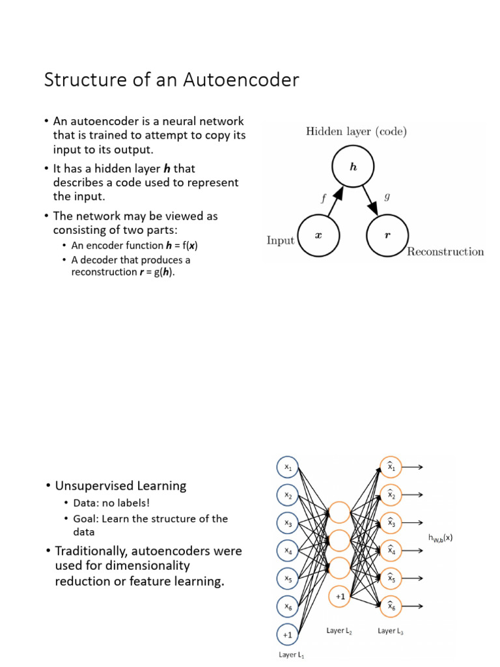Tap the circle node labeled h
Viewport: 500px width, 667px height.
[x=353, y=167]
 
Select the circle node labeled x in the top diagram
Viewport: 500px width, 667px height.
[x=318, y=236]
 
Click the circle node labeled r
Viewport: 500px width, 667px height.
[x=388, y=236]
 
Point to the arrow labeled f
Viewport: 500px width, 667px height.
[x=333, y=203]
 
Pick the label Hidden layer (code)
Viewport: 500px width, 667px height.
[x=356, y=132]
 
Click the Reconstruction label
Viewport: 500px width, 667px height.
[x=445, y=252]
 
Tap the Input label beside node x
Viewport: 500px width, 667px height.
[x=281, y=240]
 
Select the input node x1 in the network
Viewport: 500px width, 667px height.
[x=287, y=467]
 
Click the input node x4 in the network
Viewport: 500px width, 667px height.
[x=287, y=550]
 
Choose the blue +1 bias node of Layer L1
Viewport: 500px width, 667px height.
[x=287, y=634]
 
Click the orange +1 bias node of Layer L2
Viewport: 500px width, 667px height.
[x=340, y=595]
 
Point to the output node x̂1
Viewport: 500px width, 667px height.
[x=391, y=466]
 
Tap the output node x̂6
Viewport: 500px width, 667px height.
[x=391, y=606]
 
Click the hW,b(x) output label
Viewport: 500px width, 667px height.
[x=440, y=537]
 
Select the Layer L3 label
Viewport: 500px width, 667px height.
[x=391, y=631]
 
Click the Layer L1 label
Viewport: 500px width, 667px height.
[x=291, y=655]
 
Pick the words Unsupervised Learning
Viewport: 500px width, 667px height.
[x=120, y=486]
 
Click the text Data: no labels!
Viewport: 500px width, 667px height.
[x=111, y=504]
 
